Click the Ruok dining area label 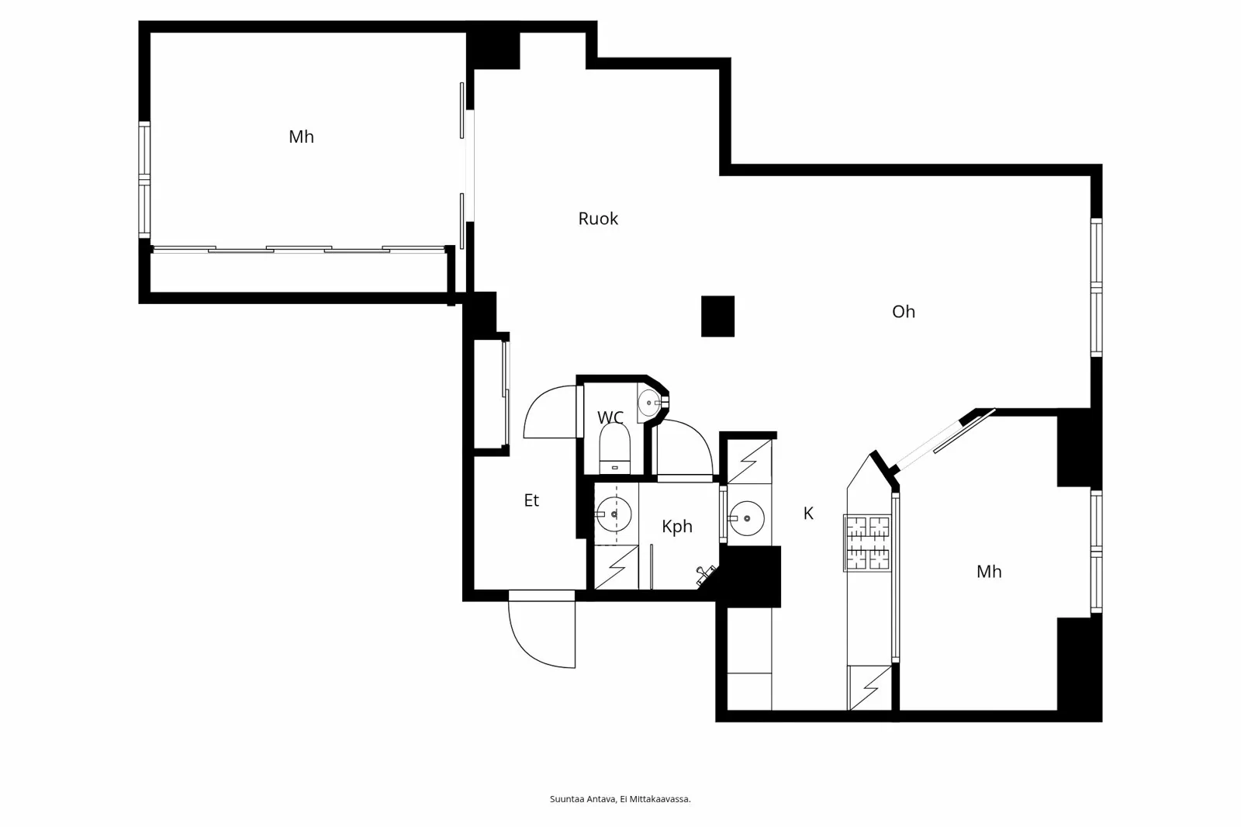pos(598,219)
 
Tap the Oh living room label pos(904,312)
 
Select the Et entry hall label pos(531,500)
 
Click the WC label pos(610,417)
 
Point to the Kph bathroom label pos(677,527)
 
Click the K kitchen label pos(808,513)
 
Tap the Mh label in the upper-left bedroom pos(301,137)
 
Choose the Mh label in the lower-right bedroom pos(989,572)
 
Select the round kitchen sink pos(747,517)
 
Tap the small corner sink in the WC pos(649,403)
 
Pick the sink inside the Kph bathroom pos(614,513)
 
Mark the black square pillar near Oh pos(717,317)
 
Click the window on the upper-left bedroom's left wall pos(144,180)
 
